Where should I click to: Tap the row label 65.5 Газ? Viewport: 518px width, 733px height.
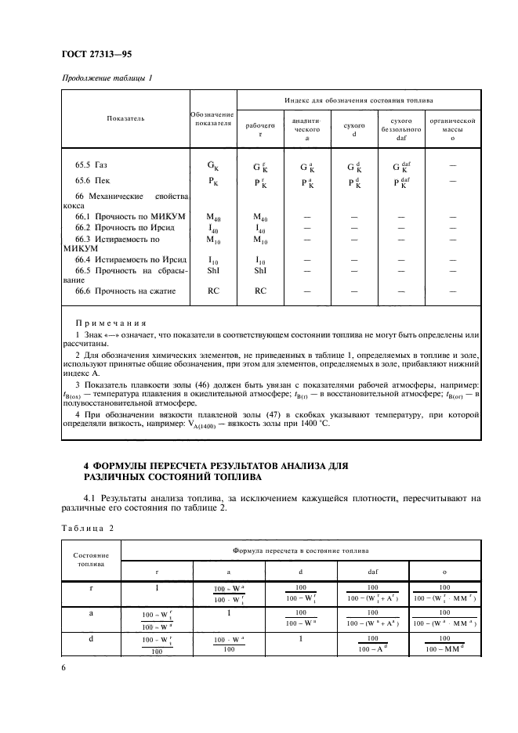point(91,165)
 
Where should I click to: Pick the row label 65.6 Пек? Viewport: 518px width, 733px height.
point(91,181)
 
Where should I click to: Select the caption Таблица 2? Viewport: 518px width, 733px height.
point(86,528)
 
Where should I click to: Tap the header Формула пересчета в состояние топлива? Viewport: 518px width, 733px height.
point(300,551)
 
